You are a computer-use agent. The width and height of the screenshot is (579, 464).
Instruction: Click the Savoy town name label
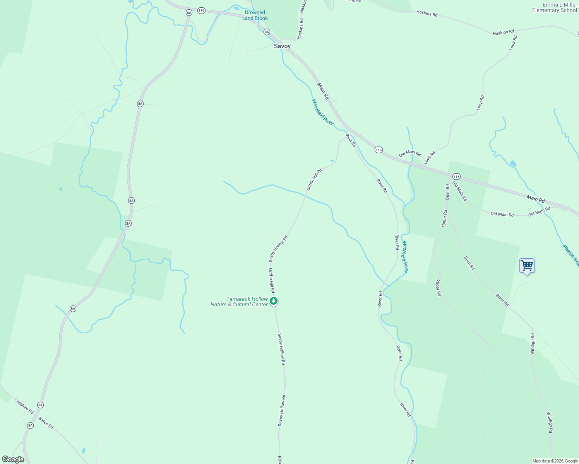click(282, 46)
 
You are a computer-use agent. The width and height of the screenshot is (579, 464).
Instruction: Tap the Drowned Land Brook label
click(255, 15)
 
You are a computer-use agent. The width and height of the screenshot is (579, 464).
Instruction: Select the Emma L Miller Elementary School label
click(554, 8)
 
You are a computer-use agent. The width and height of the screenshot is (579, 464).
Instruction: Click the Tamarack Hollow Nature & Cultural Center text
click(239, 302)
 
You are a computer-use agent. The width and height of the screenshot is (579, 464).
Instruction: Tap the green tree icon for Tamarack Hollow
click(274, 301)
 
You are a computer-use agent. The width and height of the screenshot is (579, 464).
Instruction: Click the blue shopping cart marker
click(527, 266)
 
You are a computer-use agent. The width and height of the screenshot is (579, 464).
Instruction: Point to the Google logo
click(13, 459)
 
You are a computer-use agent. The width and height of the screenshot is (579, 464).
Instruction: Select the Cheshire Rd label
click(24, 406)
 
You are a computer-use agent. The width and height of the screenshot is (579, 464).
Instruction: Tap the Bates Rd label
click(46, 423)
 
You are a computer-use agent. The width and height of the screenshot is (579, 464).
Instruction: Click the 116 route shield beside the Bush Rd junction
click(457, 177)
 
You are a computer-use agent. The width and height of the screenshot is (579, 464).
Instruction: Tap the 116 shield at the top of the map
click(201, 11)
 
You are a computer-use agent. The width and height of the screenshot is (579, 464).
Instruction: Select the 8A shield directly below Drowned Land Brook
click(267, 32)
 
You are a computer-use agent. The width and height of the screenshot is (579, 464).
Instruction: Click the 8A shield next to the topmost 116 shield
click(189, 12)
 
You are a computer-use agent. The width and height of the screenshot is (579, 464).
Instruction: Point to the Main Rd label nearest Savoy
click(323, 91)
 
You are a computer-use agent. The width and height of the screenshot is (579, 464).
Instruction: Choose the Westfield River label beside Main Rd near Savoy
click(323, 112)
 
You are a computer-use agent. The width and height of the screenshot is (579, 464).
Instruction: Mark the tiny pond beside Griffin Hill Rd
click(332, 160)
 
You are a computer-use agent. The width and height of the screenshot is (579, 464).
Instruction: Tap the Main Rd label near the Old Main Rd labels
click(536, 199)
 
